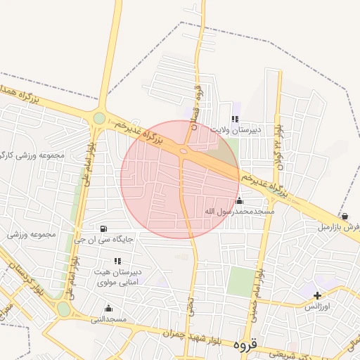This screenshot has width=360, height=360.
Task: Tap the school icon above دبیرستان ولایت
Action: [x=235, y=120]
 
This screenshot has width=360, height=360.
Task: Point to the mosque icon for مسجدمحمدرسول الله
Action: [x=240, y=201]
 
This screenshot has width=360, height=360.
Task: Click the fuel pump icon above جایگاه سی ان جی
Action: [x=104, y=229]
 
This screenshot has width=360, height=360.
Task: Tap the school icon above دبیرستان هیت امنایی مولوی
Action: [x=117, y=261]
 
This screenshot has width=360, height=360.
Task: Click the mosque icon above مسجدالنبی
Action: [x=108, y=308]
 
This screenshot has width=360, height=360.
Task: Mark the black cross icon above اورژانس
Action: [x=318, y=295]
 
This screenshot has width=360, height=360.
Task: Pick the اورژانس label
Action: [x=318, y=307]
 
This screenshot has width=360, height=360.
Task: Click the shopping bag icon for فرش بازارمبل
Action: [x=345, y=216]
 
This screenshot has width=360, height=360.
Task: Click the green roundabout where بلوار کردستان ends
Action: [x=64, y=309]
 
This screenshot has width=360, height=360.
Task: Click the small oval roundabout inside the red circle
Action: [x=184, y=150]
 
